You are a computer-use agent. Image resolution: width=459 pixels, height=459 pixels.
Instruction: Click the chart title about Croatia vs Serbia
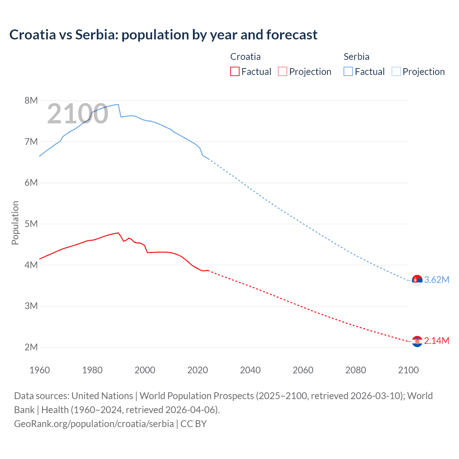click(163, 35)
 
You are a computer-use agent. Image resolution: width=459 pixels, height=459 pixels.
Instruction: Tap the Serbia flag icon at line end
click(417, 280)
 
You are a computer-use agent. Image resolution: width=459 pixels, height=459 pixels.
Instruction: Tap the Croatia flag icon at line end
click(417, 341)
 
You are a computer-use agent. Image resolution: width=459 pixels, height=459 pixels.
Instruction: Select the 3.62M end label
click(436, 280)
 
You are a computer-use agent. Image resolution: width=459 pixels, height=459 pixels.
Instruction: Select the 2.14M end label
click(436, 341)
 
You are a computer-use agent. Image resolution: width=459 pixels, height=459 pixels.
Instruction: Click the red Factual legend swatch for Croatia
click(235, 71)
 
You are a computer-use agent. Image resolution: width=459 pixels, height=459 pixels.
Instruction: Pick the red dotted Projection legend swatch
click(283, 71)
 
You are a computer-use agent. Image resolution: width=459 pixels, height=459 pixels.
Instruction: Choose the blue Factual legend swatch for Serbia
click(348, 71)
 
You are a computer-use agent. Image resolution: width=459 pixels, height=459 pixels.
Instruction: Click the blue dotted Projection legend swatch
click(396, 71)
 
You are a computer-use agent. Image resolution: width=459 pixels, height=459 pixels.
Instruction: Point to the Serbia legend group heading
click(356, 57)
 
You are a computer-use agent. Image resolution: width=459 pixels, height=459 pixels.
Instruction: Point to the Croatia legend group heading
click(245, 57)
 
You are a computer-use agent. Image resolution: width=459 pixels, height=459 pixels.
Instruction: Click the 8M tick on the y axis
click(31, 100)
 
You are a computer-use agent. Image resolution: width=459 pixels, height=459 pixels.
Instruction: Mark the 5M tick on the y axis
click(31, 224)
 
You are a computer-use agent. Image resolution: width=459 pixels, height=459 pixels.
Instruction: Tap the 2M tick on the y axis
click(31, 347)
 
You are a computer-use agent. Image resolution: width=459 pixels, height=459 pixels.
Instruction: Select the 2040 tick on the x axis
click(250, 370)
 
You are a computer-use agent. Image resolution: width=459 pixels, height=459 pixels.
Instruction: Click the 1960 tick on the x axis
click(39, 370)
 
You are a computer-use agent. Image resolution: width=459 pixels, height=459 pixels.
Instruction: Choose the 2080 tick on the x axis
click(356, 370)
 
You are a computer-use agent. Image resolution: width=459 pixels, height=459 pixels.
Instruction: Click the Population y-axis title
click(15, 223)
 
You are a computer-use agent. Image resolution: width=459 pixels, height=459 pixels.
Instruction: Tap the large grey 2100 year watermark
click(77, 114)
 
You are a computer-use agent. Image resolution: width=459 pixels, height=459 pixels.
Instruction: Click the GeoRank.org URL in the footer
click(94, 424)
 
